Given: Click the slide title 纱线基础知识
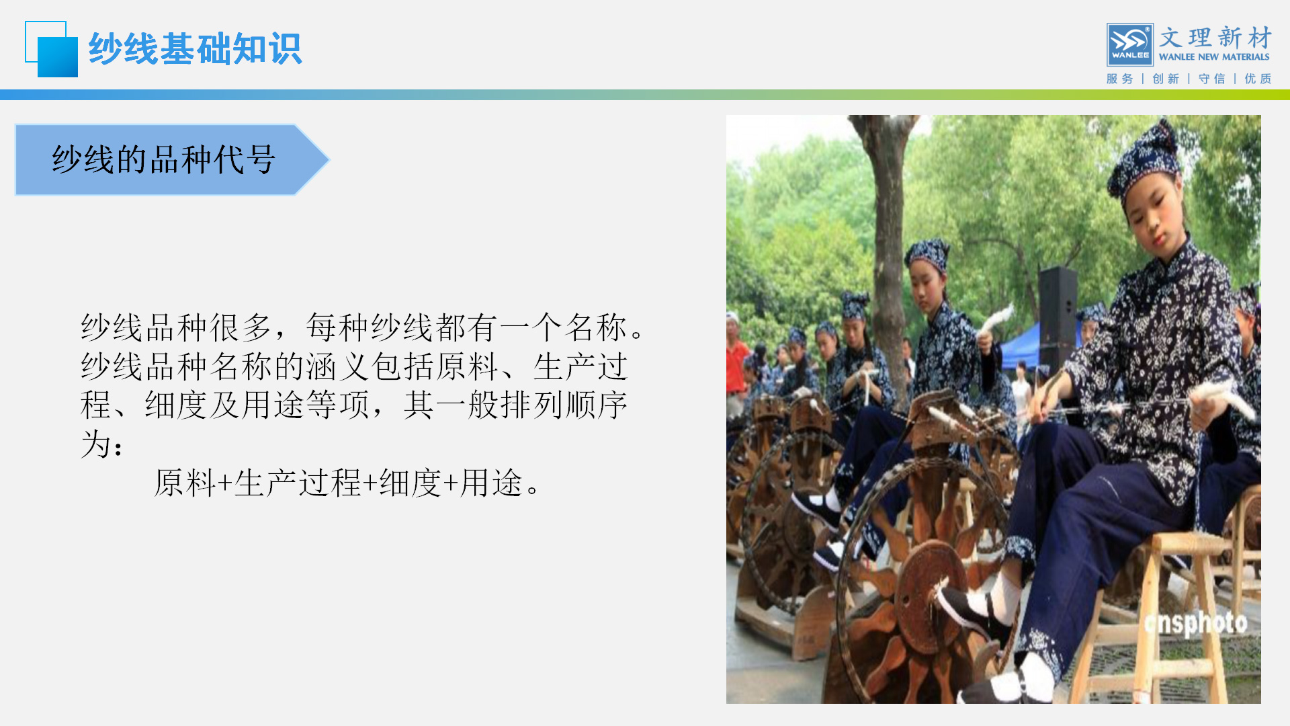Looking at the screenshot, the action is (196, 49).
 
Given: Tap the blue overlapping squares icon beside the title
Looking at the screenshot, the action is (52, 49).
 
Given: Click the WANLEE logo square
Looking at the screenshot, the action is (1130, 45).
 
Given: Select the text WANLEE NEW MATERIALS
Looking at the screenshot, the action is (1214, 57).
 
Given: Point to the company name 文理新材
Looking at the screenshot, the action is (1215, 38).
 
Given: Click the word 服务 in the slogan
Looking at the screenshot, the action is (1119, 79).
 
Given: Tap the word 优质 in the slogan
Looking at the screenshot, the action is (1258, 79).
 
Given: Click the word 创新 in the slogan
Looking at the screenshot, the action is (1166, 79).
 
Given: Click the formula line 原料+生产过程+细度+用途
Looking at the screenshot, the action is (347, 483).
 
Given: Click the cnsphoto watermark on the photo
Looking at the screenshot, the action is (1196, 623).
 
